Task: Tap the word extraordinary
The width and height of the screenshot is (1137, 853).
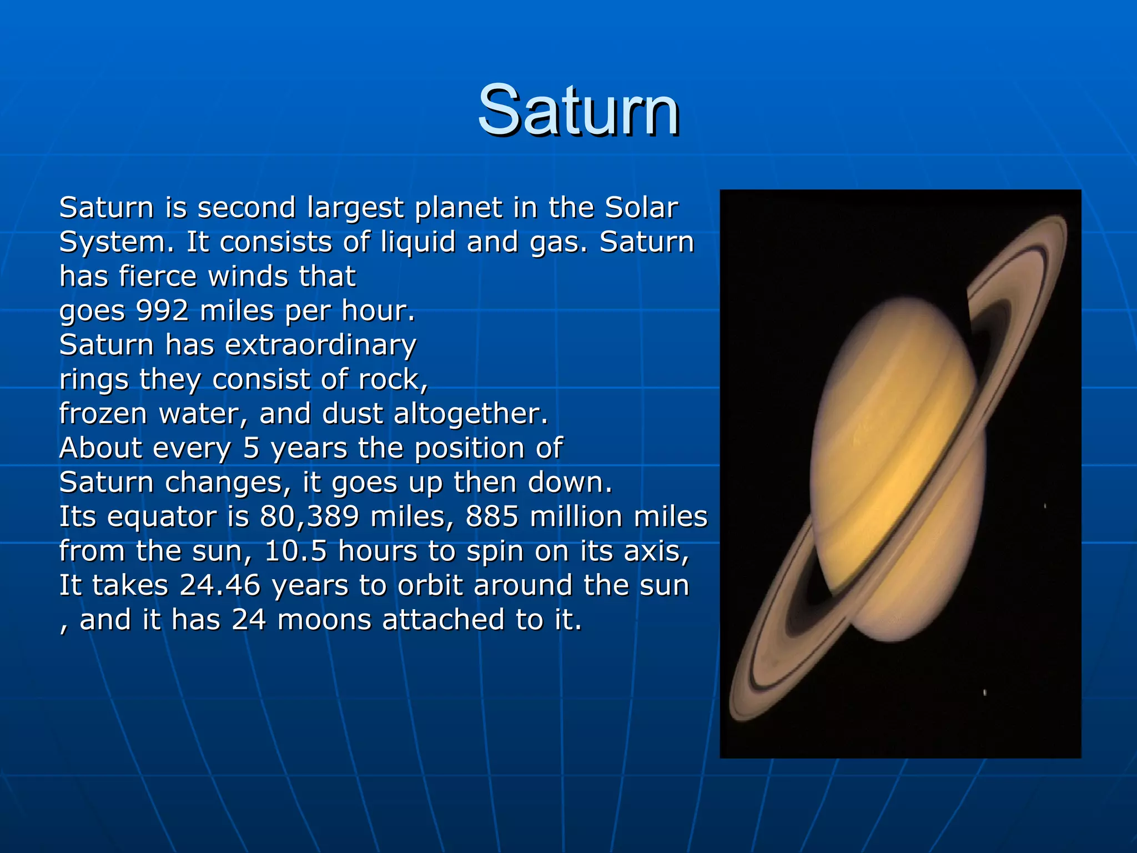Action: [x=320, y=345]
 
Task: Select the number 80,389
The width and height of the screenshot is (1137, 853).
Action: [x=309, y=516]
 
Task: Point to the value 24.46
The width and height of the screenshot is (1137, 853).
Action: [x=220, y=585]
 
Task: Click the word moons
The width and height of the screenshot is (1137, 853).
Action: [x=324, y=620]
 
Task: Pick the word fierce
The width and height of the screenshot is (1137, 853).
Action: [x=158, y=276]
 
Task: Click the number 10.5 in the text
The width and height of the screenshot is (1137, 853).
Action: [x=295, y=551]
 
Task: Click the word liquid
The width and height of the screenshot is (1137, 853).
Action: [x=418, y=242]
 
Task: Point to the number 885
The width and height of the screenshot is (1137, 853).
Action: [x=492, y=516]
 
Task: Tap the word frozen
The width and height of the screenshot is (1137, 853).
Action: [x=103, y=414]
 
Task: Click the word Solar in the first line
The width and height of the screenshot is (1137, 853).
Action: [x=641, y=208]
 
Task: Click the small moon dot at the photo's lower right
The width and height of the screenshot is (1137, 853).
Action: [x=984, y=692]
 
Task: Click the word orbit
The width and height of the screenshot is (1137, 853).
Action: [x=430, y=585]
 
